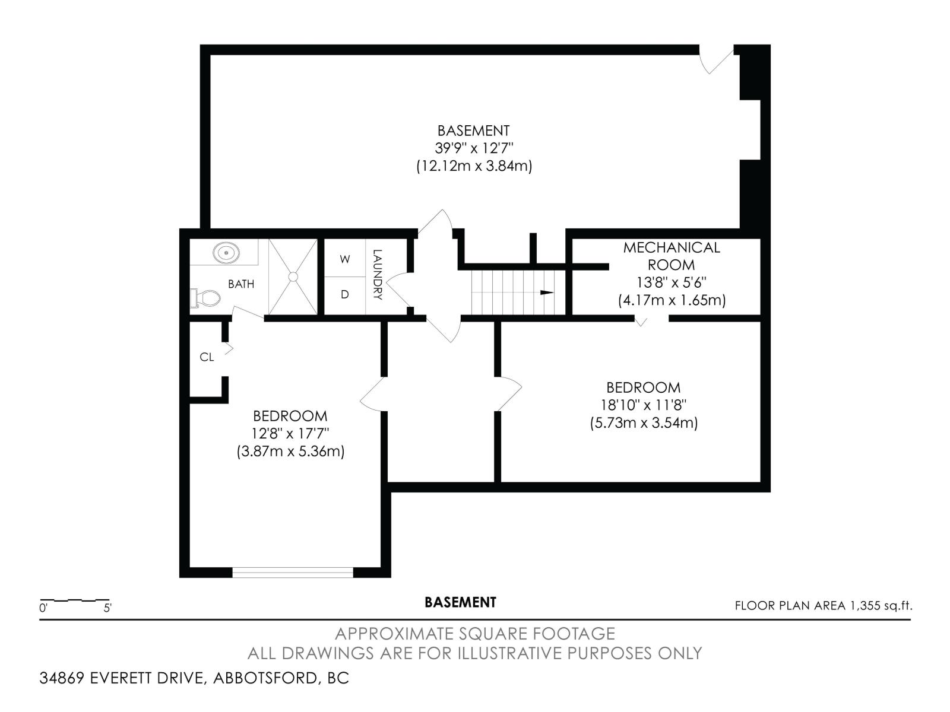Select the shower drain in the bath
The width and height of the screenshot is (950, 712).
click(293, 276)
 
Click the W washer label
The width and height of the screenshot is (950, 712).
click(345, 259)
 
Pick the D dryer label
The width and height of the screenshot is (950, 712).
click(345, 294)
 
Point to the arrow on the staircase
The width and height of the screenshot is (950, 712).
click(546, 293)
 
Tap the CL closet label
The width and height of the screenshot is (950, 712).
click(207, 357)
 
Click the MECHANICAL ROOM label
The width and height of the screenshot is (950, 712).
click(672, 256)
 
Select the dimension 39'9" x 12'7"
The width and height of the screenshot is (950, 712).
click(473, 148)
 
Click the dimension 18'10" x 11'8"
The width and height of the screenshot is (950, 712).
click(644, 405)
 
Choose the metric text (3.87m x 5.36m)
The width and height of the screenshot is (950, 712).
click(290, 452)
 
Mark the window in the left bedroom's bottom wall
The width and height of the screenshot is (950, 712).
click(292, 572)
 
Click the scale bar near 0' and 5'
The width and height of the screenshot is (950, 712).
click(74, 601)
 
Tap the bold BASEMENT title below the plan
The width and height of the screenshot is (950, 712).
click(460, 602)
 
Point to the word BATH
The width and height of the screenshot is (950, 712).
click(241, 284)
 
